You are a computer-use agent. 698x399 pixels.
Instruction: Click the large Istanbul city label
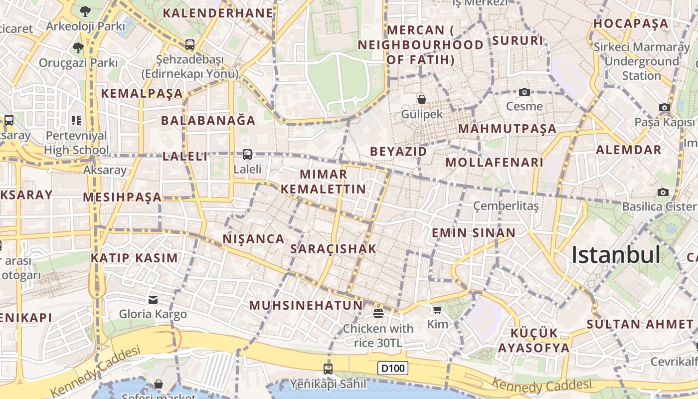616,255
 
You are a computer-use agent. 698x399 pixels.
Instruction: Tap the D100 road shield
393,369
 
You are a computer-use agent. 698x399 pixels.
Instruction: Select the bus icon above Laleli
247,155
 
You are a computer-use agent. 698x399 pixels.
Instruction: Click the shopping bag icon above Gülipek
422,99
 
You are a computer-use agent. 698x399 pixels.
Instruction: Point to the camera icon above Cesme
524,92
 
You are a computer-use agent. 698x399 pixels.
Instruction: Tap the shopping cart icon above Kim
437,310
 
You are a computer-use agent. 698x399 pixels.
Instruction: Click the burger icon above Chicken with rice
378,314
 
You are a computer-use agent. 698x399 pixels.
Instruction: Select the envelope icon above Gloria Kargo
153,299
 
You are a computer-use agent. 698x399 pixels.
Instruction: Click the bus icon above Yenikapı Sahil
328,369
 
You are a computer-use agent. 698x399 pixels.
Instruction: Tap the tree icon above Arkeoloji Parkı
85,10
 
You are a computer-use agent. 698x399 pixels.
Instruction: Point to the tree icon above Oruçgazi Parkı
78,48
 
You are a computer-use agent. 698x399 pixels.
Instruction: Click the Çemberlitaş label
506,205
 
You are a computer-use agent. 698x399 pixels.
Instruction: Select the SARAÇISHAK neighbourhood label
333,248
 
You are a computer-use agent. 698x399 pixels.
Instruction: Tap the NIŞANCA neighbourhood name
253,239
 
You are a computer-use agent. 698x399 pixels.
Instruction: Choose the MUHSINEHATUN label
306,305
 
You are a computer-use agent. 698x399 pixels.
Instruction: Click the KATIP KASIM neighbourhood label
134,258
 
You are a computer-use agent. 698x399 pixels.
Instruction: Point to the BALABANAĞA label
208,120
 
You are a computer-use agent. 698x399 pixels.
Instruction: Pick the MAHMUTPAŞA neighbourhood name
507,129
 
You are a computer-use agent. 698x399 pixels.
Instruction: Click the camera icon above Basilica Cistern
663,192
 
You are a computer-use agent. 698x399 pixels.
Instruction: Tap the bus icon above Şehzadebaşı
189,44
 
